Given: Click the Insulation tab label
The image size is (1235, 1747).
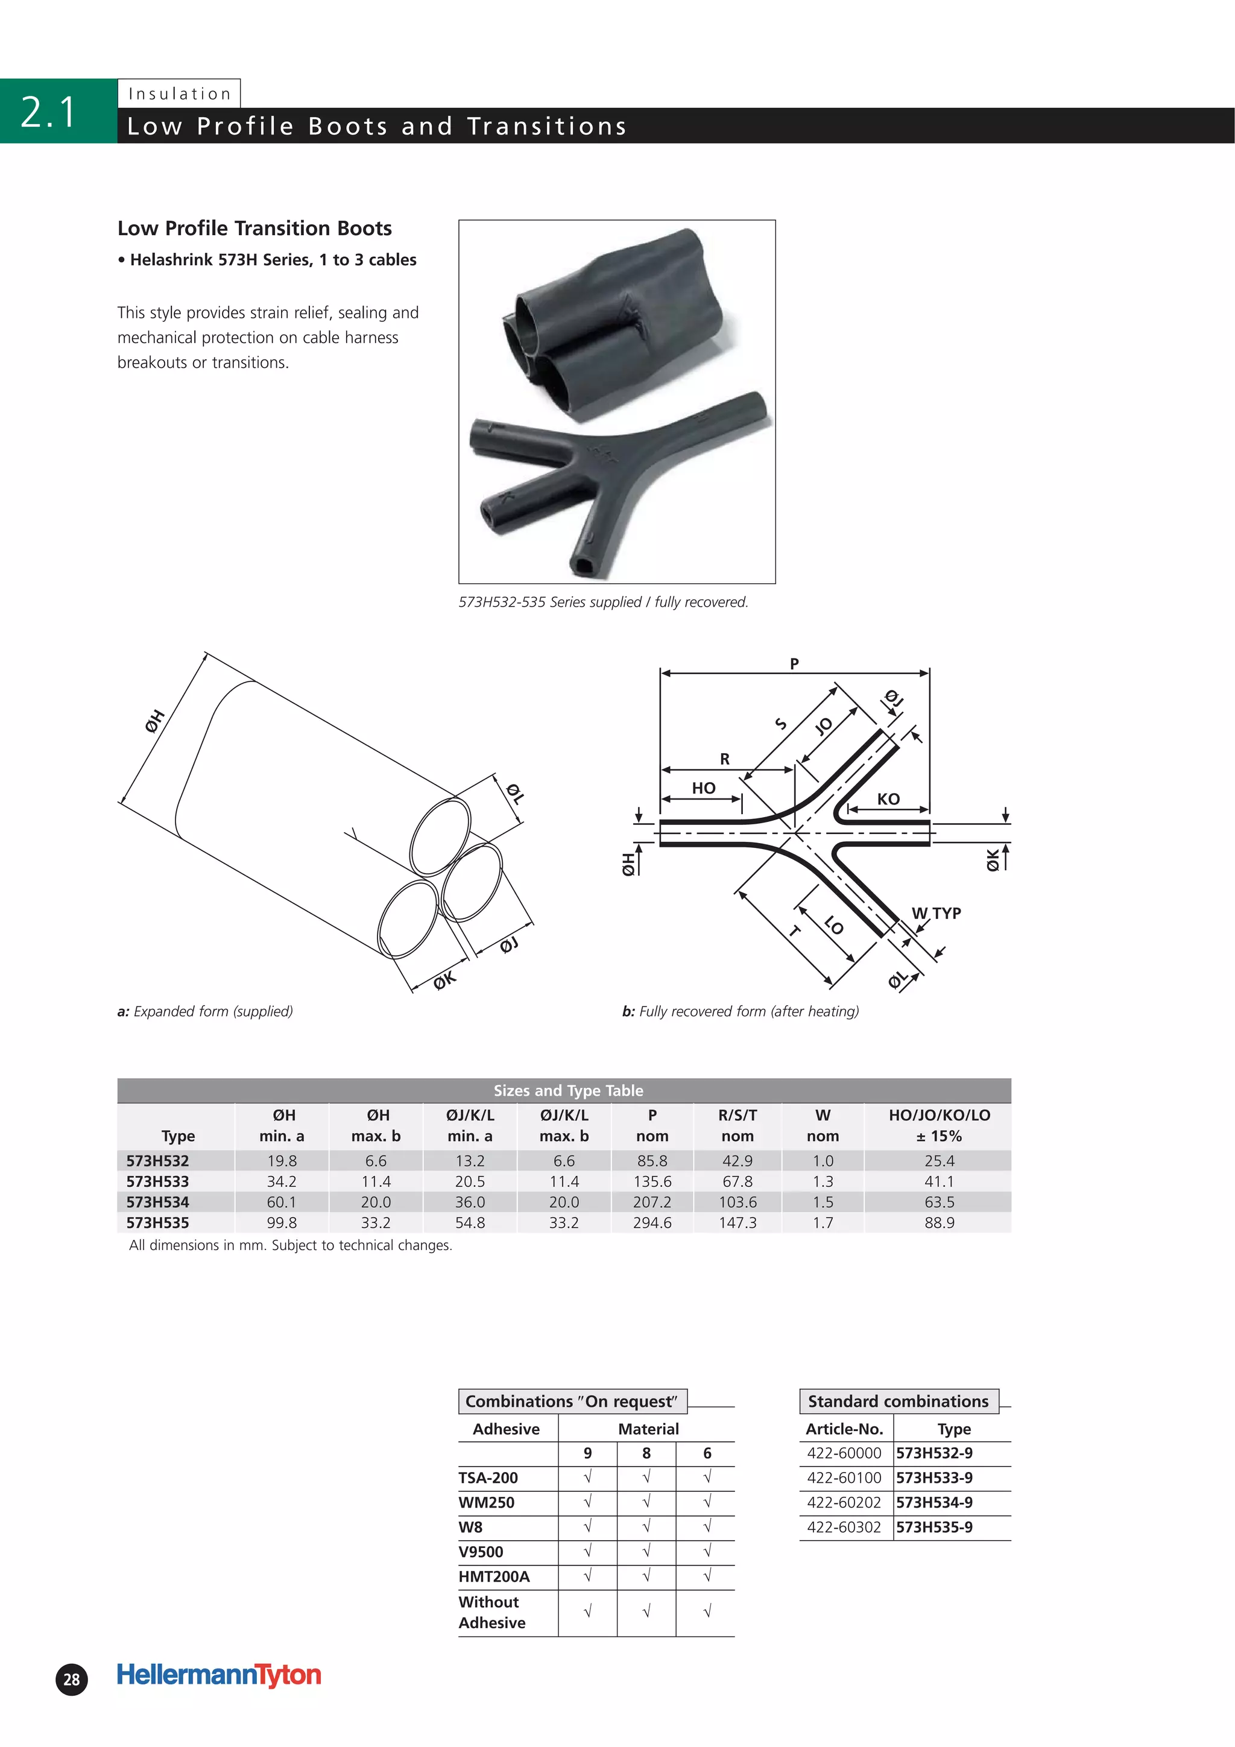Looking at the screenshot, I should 180,93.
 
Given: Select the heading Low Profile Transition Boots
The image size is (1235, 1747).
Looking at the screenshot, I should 254,229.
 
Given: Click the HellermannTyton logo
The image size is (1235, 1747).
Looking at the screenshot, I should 219,1674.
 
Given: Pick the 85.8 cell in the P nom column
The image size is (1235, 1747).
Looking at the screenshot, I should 651,1160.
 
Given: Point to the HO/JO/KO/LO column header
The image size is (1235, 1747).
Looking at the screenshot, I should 939,1125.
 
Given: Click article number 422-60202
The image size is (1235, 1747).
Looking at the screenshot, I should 844,1502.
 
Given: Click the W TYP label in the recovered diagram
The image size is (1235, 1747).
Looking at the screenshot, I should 936,912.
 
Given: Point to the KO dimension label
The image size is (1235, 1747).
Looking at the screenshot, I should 888,799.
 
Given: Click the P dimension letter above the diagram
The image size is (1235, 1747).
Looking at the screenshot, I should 794,663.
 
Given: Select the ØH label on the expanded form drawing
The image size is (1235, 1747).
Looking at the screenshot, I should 154,720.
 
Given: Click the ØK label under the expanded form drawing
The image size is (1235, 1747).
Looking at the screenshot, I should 444,980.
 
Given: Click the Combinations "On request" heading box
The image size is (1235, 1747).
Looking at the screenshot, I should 572,1401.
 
